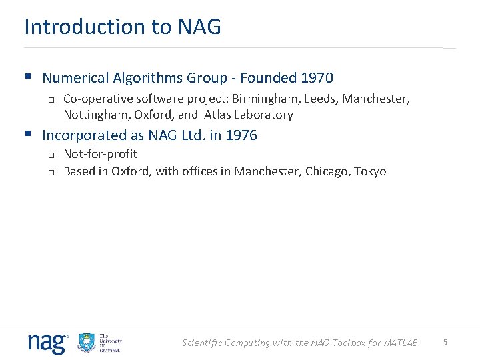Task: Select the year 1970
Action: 317,78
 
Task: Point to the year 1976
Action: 241,135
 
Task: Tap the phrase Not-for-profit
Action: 100,154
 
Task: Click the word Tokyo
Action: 370,171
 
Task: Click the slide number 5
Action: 445,343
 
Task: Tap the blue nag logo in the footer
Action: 47,343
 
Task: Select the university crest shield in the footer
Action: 87,343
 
